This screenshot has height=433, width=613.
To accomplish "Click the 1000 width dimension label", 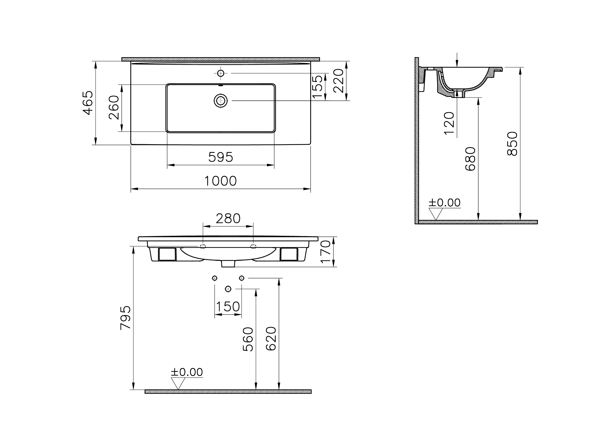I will coord(220,181).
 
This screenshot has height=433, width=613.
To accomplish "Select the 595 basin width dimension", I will coord(221,157).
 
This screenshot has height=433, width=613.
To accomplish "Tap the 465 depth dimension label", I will coord(88,103).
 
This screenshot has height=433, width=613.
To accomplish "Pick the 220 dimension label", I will coord(338,81).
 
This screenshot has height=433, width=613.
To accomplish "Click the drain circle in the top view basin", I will coord(221,101).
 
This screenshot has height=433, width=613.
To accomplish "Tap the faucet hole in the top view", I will coord(221,73).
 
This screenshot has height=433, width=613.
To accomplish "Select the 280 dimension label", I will coord(228,218).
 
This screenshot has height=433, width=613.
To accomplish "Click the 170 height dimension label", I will coord(326,252).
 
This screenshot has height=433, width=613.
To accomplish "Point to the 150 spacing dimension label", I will coord(228,307).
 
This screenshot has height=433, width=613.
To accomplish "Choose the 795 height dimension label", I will coord(125,318).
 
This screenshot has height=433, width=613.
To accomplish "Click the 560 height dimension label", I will coord(248,339).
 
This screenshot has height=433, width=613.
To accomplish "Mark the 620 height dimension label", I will coord(271,338).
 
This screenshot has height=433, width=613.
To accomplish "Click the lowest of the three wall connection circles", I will coord(228,289).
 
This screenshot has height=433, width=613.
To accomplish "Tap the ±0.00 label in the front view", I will coord(187,372).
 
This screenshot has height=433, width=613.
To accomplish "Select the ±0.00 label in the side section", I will coord(444,203).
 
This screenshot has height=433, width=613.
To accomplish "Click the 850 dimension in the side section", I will coord(512,144).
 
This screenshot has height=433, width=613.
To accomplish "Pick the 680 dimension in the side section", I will coord(470,159).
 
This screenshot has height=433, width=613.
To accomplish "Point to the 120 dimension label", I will coord(449,123).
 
